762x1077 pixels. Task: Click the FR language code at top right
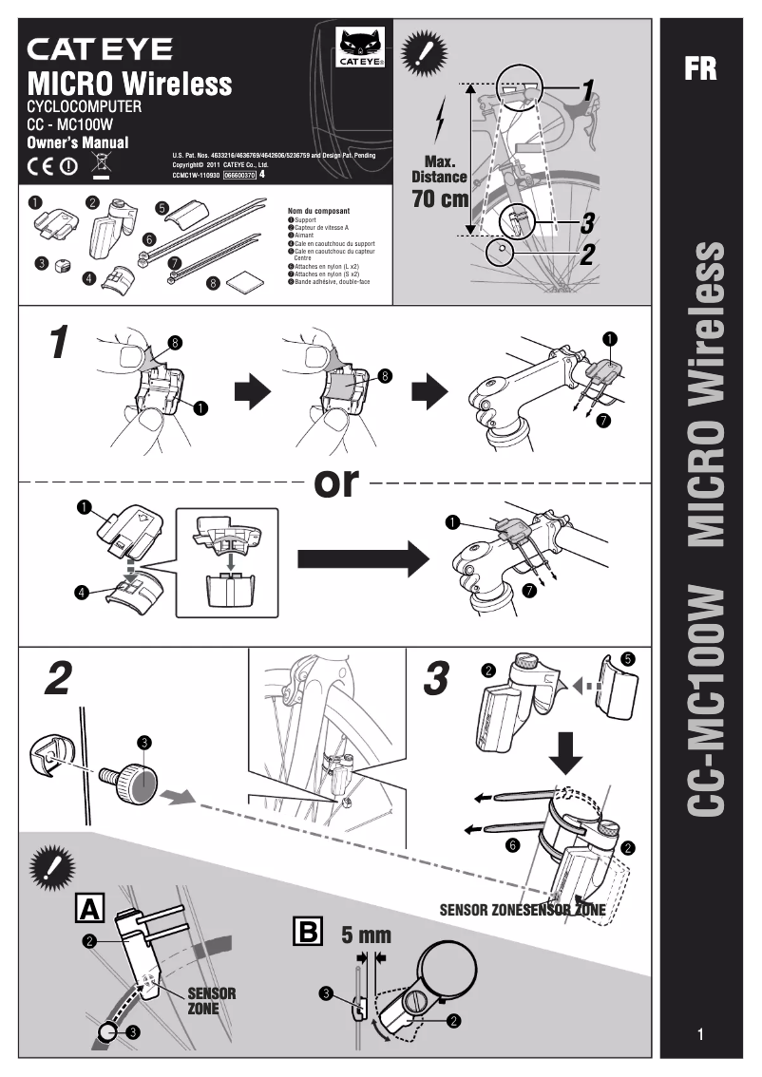tap(700, 69)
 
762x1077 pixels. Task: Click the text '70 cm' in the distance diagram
tap(440, 199)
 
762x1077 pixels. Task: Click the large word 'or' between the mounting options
tap(337, 482)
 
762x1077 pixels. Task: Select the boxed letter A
tap(90, 908)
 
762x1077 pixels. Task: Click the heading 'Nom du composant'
tap(318, 211)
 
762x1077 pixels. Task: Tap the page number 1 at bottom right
tap(700, 1034)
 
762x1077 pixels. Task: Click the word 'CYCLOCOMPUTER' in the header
tap(84, 107)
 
